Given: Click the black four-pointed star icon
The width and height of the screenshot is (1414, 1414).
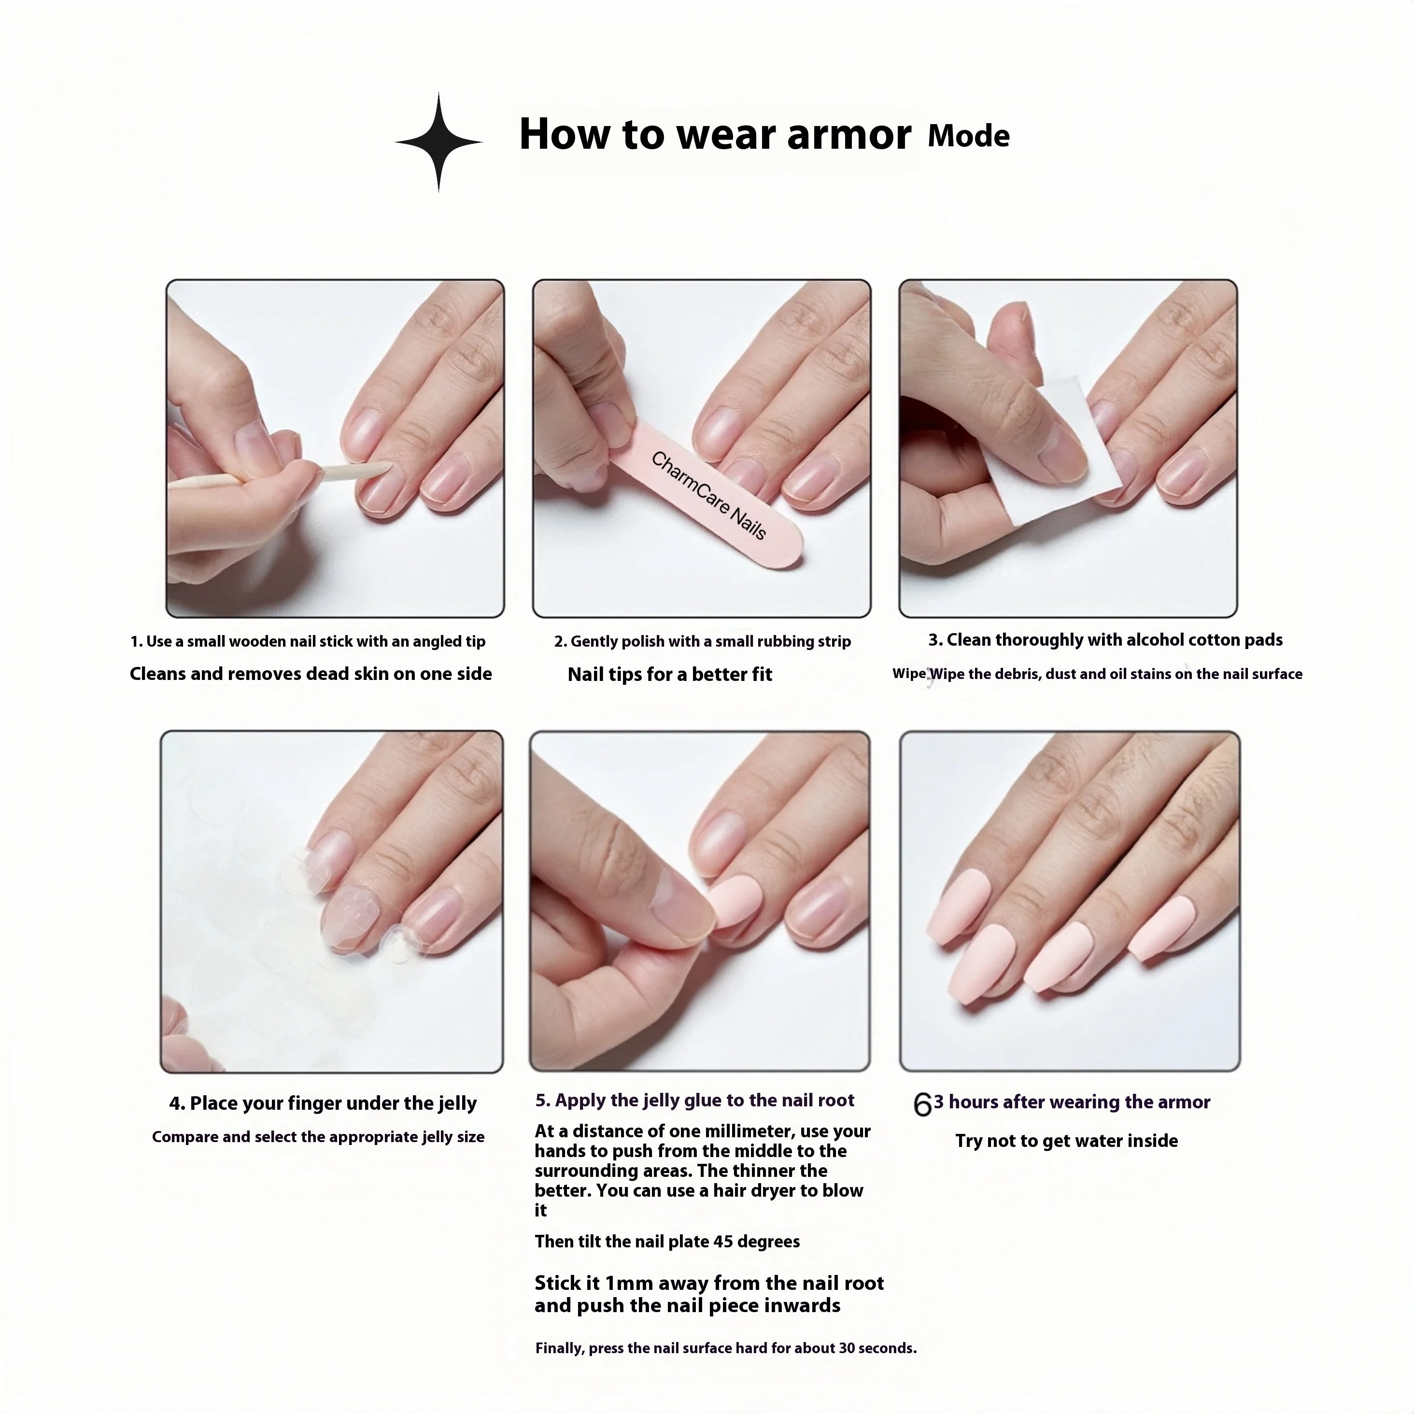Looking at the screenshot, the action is (438, 142).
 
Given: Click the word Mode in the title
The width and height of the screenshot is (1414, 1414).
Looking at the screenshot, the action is (968, 136).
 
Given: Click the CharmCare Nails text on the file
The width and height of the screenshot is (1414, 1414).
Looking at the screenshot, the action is (708, 495).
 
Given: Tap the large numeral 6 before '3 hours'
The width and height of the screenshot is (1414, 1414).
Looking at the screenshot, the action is (922, 1105).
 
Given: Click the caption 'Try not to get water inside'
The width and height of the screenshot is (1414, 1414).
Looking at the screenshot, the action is (1066, 1141).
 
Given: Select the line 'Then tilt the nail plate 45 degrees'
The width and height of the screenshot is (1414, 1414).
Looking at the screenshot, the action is (667, 1241).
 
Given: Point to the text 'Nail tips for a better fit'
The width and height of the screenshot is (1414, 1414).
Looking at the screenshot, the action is (670, 674).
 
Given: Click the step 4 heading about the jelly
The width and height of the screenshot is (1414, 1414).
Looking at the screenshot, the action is (323, 1103).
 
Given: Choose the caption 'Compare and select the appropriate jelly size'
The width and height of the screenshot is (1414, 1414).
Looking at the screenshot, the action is (318, 1137).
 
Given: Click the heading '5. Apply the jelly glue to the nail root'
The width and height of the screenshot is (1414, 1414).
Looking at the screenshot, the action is (694, 1101).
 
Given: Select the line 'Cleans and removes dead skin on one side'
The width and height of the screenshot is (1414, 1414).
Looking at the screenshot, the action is (311, 674).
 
